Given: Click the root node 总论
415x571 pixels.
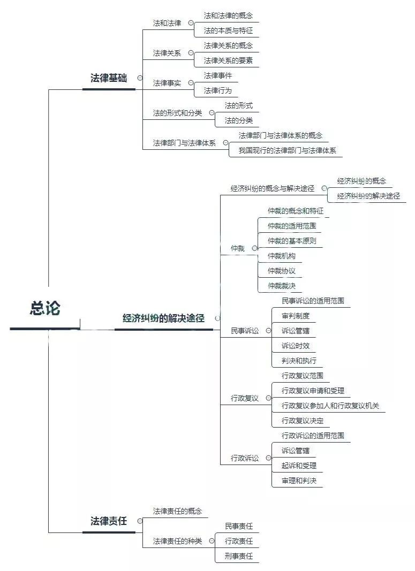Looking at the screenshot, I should click(x=45, y=309).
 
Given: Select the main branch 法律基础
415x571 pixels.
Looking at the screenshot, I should click(x=109, y=78).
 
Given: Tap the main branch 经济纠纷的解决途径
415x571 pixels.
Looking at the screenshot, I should click(x=163, y=318).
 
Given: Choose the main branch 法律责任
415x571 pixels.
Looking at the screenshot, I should click(x=109, y=521).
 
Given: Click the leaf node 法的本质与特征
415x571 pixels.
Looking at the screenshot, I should click(x=228, y=31).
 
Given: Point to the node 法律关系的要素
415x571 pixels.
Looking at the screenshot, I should click(x=228, y=60).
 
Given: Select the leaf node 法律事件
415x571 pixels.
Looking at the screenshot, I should click(x=217, y=75).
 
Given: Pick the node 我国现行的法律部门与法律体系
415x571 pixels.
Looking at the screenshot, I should click(x=287, y=150).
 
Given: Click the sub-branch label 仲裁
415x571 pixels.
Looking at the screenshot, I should click(x=237, y=248).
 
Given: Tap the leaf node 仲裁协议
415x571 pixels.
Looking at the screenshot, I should click(x=282, y=271).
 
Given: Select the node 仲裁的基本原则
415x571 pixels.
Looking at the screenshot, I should click(x=292, y=241).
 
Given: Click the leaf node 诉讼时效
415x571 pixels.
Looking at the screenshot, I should click(x=296, y=346).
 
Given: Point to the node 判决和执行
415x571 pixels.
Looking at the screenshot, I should click(x=299, y=361).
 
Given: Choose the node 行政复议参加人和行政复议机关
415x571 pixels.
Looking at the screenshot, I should click(x=330, y=406).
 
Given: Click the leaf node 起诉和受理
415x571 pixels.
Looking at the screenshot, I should click(x=299, y=466).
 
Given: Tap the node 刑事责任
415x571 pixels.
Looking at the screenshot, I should click(x=239, y=556).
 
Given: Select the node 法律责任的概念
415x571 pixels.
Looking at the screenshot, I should click(x=177, y=511).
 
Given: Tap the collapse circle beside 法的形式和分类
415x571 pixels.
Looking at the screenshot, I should click(x=212, y=113).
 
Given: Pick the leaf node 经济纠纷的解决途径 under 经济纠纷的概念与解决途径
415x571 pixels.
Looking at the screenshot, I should click(x=368, y=196).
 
